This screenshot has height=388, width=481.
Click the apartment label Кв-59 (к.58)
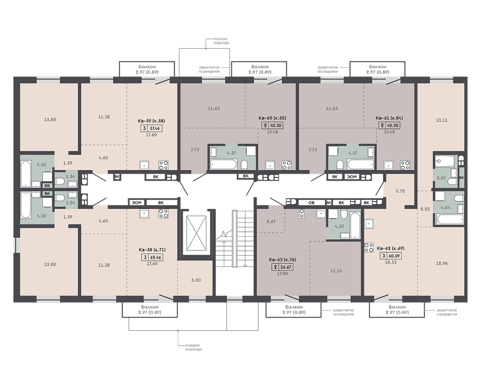[x=151, y=121]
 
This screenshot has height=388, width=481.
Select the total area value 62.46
[x=156, y=257]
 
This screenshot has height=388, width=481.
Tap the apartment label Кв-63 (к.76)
[x=282, y=260]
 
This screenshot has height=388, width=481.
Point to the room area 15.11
[x=442, y=120]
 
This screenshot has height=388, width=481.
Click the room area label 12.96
[x=441, y=263]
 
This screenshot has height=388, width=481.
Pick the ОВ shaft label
[x=311, y=203]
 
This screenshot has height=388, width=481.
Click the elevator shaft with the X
[x=196, y=233]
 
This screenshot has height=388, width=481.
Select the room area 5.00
[x=196, y=280]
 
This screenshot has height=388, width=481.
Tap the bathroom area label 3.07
[x=441, y=178]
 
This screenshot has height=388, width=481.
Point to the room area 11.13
[x=336, y=271]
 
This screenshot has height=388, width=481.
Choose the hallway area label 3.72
[x=400, y=191]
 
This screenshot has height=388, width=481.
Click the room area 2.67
[x=271, y=222]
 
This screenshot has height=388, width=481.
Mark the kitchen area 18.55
[x=390, y=263]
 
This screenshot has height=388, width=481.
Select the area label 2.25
[x=425, y=210]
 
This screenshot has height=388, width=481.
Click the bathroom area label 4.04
[x=445, y=207]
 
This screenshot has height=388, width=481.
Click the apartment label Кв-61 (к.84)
[x=389, y=118]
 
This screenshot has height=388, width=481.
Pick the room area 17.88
[x=282, y=274]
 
